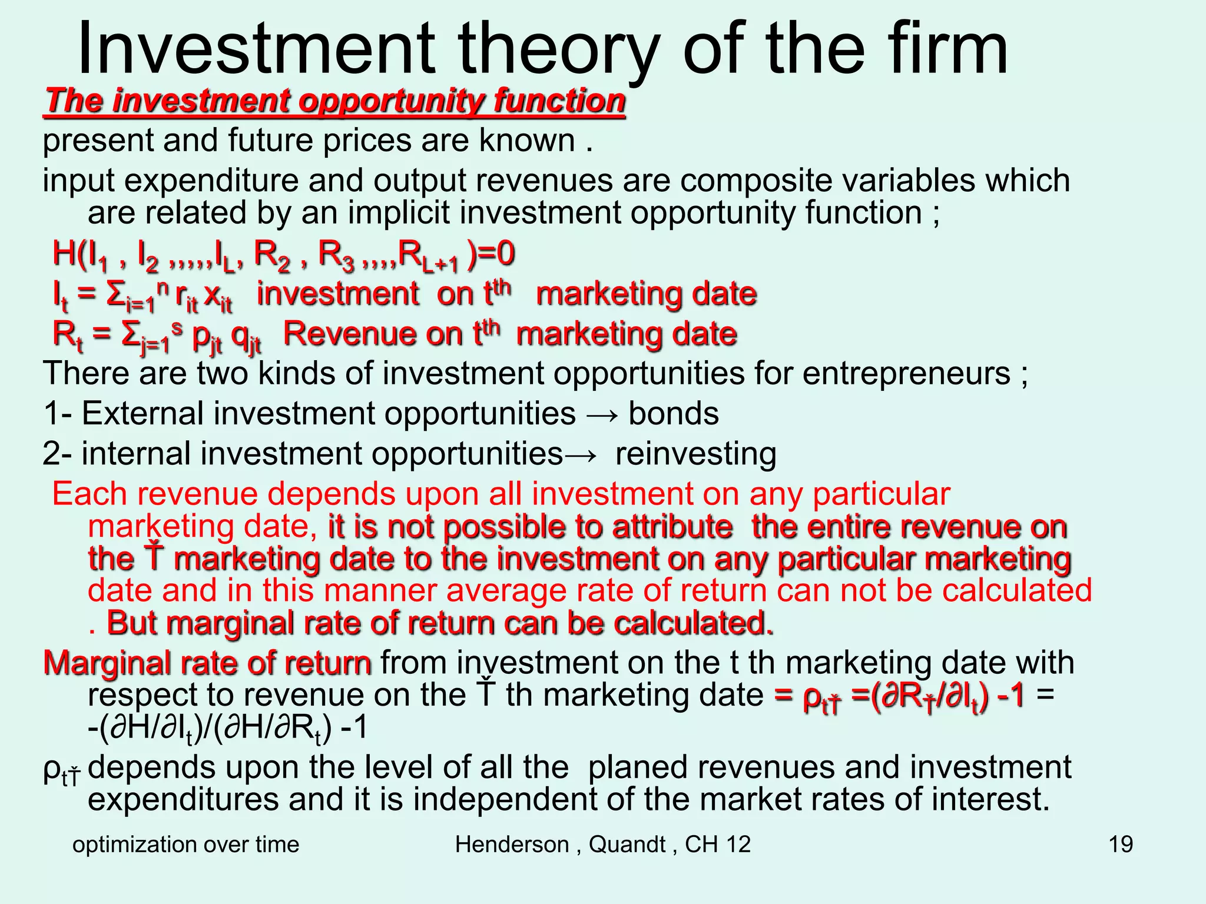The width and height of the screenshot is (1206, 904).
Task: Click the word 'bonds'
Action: [673, 414]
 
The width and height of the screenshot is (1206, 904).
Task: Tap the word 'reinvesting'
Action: [695, 454]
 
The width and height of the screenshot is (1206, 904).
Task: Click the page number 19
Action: [1121, 845]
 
